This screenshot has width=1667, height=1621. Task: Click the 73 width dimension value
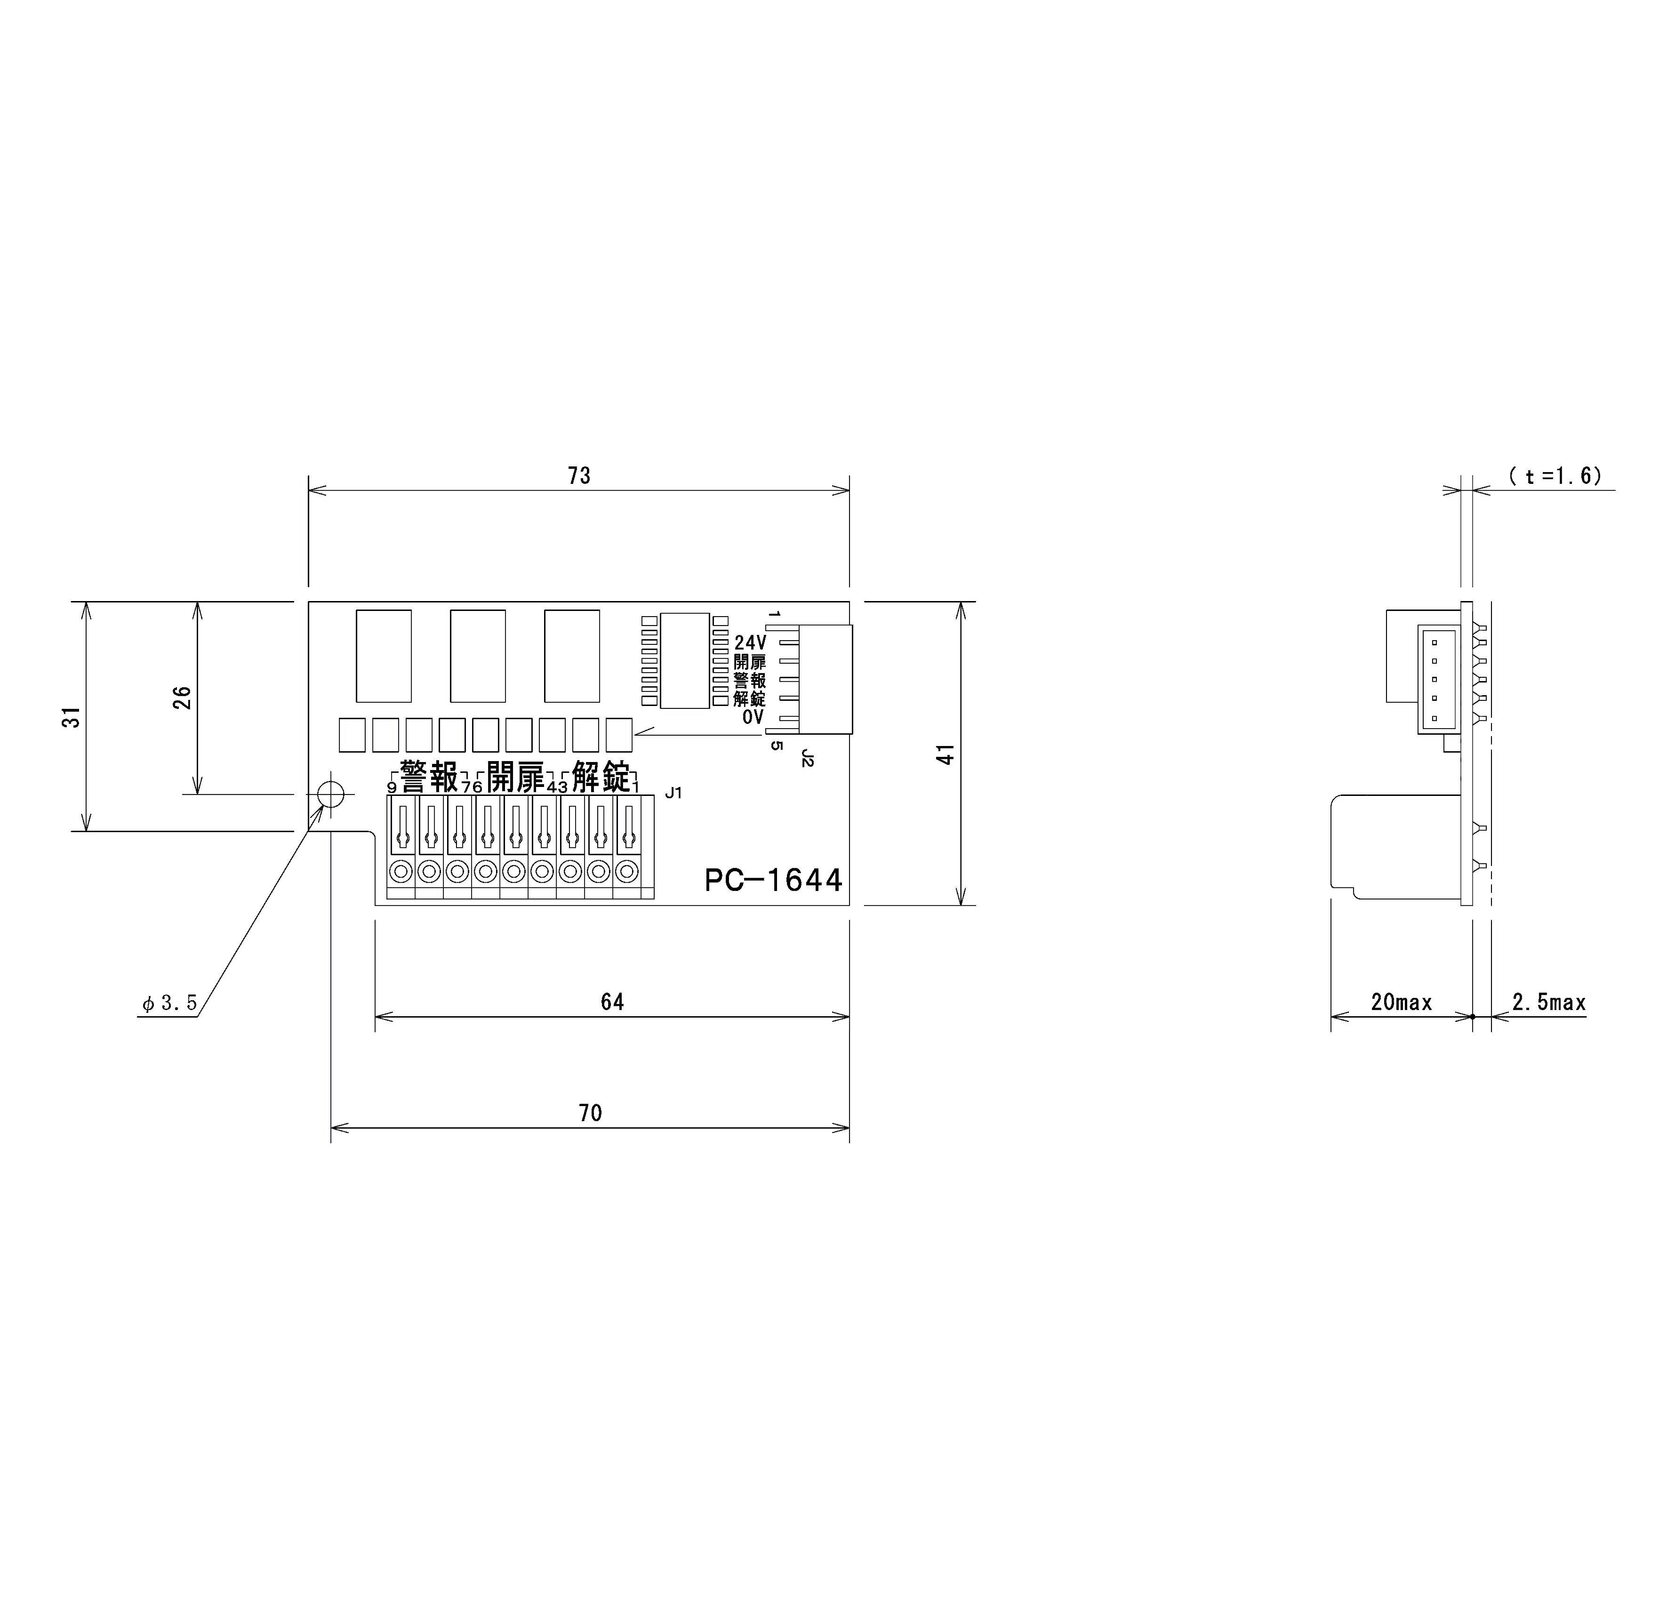tap(579, 476)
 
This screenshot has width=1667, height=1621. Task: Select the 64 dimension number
tap(612, 1002)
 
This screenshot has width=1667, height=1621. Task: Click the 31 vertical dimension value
tap(73, 717)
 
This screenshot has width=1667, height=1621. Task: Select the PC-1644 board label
tap(773, 880)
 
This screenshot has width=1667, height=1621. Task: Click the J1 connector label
tap(673, 794)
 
